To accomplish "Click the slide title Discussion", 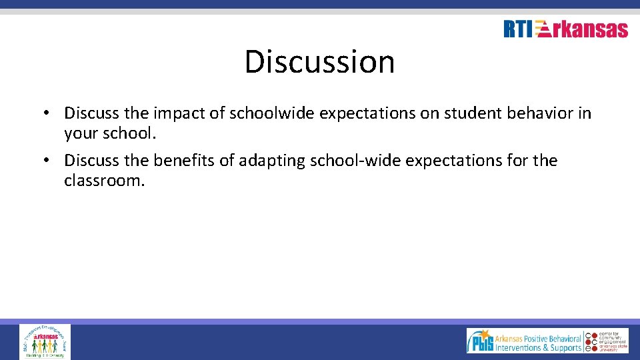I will [x=319, y=61].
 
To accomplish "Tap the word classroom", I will [x=103, y=181].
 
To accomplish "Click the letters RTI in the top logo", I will [x=518, y=29].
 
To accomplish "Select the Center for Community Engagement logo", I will [x=607, y=341].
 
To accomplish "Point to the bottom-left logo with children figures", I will [x=45, y=341].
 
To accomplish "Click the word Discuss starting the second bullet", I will [x=91, y=161].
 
